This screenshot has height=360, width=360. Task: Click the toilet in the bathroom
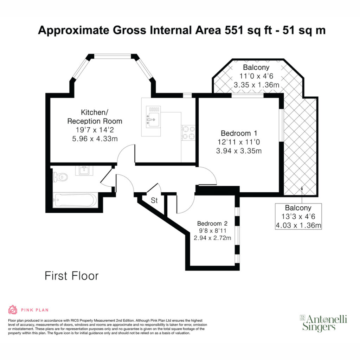60,177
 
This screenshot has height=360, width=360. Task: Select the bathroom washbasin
84,171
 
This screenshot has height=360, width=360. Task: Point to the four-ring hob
188,133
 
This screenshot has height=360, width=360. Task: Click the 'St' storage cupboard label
154,200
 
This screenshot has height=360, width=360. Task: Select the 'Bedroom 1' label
239,133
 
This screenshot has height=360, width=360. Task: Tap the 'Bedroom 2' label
212,223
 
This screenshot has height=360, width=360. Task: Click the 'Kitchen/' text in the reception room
95,112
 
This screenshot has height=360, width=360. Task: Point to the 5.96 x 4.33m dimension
95,139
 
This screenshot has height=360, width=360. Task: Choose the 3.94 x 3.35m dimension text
239,151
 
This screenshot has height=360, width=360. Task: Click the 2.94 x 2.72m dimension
212,238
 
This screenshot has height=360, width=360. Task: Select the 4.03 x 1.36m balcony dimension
298,225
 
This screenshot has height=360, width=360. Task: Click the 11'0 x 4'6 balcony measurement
256,76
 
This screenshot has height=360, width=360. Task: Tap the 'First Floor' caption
72,276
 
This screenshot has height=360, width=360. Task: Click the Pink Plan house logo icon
13,310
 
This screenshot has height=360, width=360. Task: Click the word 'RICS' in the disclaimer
75,320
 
